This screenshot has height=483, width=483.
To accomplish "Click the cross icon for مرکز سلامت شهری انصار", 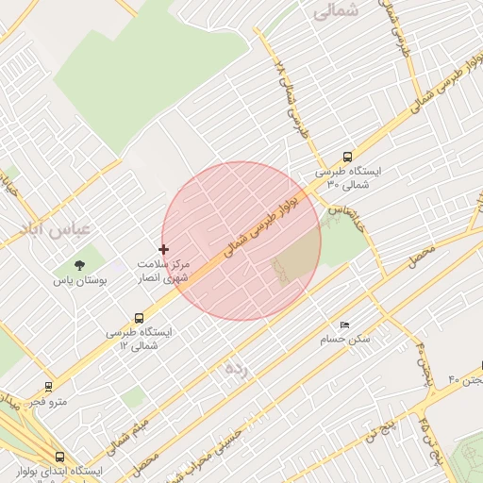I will [164, 250].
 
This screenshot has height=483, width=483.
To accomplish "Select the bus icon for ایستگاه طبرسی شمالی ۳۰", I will [348, 158].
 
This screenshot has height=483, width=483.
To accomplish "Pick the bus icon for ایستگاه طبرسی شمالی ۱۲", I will [140, 318].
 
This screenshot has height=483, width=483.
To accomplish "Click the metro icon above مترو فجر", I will [48, 386].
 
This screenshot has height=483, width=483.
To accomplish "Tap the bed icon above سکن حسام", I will [344, 324].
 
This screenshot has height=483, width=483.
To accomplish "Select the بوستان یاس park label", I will [80, 281].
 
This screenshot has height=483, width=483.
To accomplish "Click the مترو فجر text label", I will [48, 402].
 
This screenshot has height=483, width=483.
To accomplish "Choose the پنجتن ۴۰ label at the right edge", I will [467, 379].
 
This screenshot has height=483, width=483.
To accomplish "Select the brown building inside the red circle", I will [295, 260].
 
